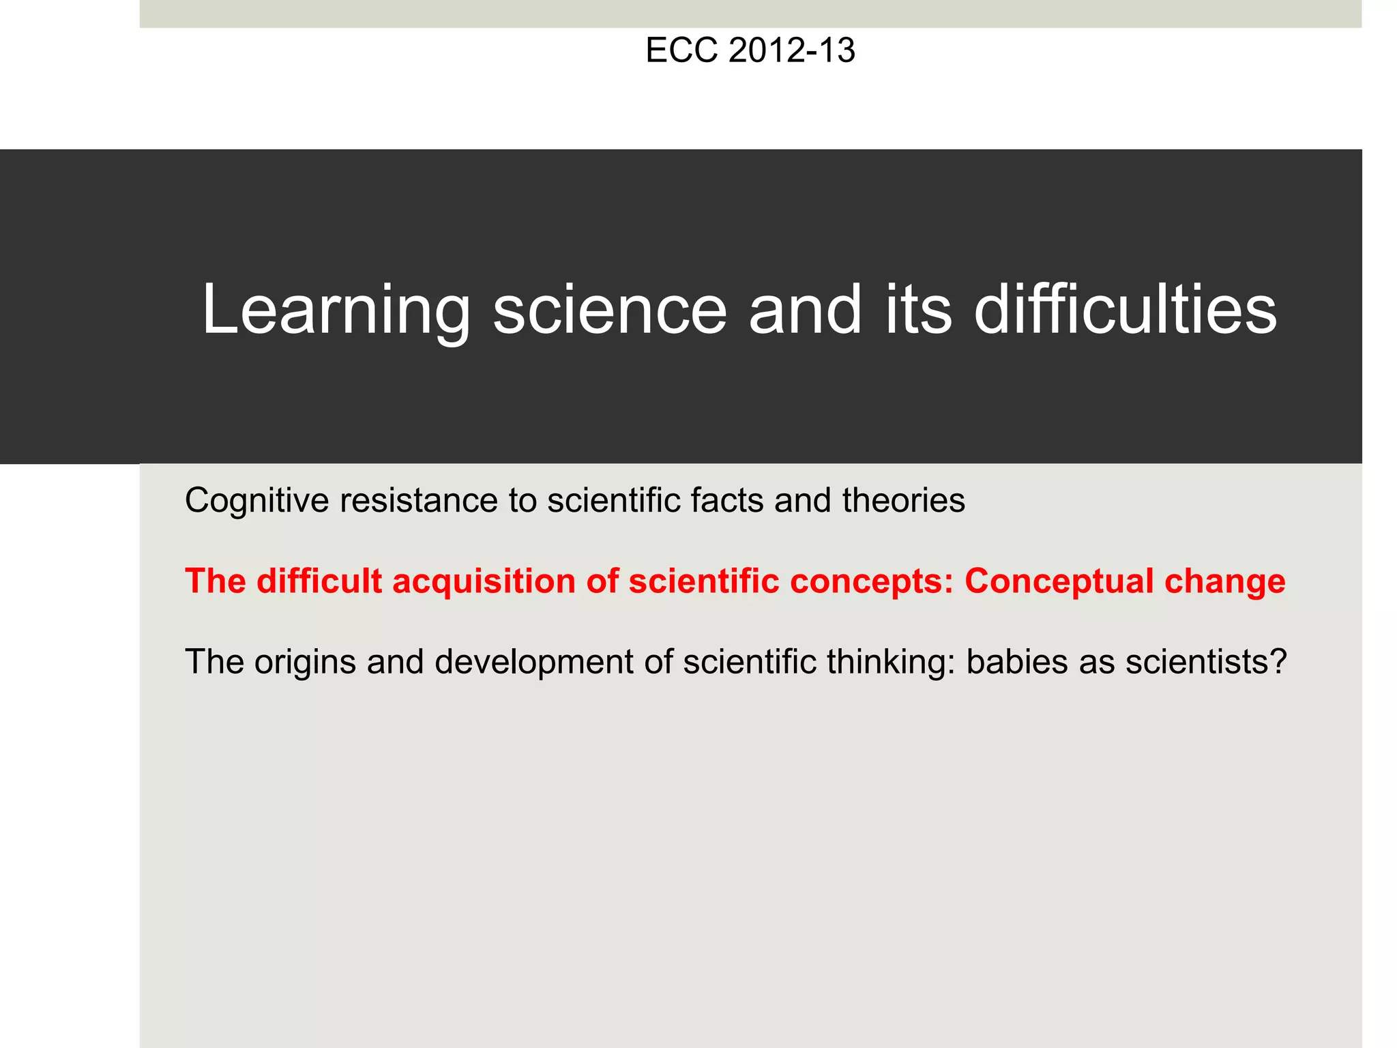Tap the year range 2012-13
pyautogui.click(x=791, y=50)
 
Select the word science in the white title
pyautogui.click(x=610, y=310)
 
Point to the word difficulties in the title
pyautogui.click(x=1125, y=310)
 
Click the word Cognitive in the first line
pyautogui.click(x=257, y=501)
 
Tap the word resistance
pyautogui.click(x=419, y=501)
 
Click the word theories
pyautogui.click(x=904, y=501)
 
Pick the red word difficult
pyautogui.click(x=319, y=581)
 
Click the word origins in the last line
pyautogui.click(x=305, y=663)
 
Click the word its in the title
pyautogui.click(x=918, y=310)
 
